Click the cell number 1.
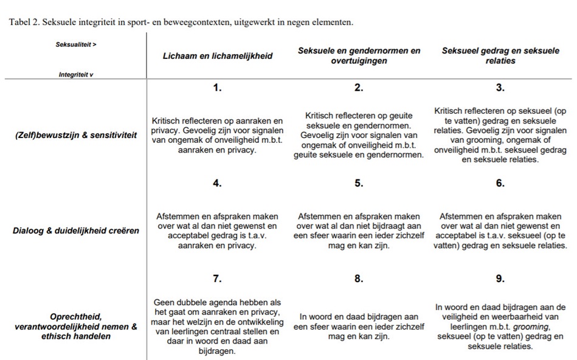click(x=217, y=88)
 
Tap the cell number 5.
click(x=359, y=184)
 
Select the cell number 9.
click(x=500, y=279)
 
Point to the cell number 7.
click(x=217, y=279)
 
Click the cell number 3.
click(x=500, y=88)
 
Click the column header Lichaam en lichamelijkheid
click(x=217, y=56)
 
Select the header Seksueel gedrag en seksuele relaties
click(x=500, y=56)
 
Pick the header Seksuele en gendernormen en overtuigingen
click(x=359, y=56)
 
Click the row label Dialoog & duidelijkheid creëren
click(x=76, y=231)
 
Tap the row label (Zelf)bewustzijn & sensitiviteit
click(x=76, y=135)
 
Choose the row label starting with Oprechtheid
click(x=76, y=327)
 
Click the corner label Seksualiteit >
click(x=76, y=44)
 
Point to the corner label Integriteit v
click(x=76, y=74)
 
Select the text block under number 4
click(x=217, y=231)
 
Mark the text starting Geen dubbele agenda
click(x=217, y=327)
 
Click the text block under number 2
click(x=359, y=135)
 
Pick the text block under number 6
click(x=500, y=231)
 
